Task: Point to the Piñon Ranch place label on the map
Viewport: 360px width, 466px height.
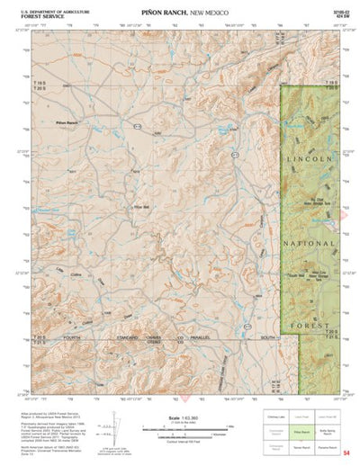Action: coord(67,121)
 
